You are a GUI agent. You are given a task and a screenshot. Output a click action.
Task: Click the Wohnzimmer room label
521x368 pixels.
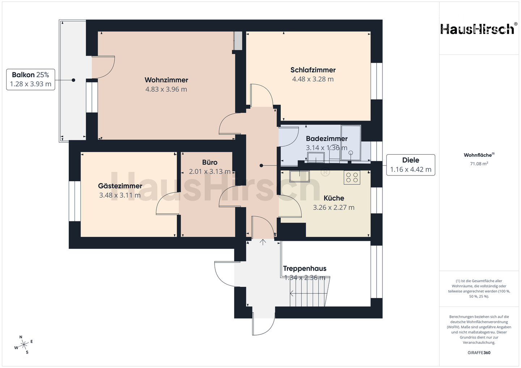(166, 80)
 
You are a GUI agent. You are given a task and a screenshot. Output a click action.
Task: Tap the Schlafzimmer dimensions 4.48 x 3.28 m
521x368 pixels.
(313, 79)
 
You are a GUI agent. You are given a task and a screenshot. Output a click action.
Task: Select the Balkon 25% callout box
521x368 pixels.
(30, 79)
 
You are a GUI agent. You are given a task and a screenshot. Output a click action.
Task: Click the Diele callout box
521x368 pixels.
(411, 165)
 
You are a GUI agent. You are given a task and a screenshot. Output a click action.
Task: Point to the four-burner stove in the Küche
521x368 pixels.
(352, 178)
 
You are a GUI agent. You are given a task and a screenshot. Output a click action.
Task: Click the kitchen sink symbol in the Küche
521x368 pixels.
(300, 177)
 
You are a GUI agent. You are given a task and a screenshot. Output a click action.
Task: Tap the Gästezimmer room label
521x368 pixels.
(120, 186)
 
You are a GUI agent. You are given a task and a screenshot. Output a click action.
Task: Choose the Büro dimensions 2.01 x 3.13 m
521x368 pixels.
(209, 172)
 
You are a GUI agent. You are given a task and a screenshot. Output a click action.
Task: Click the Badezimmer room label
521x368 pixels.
(327, 139)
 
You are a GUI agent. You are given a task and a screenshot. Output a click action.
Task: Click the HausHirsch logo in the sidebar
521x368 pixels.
(479, 29)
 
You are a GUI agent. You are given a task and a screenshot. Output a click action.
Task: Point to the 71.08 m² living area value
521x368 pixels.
(479, 164)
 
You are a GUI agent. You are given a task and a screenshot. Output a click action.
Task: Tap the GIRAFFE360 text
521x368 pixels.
(479, 353)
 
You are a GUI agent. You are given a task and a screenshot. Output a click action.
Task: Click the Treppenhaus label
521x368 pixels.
(305, 268)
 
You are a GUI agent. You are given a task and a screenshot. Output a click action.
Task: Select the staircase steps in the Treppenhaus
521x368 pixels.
(310, 291)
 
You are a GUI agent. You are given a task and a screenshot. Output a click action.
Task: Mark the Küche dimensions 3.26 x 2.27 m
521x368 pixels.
(334, 207)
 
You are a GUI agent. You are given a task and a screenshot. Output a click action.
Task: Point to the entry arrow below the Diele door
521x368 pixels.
(263, 242)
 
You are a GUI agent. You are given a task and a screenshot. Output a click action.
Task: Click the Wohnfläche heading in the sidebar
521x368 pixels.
(479, 155)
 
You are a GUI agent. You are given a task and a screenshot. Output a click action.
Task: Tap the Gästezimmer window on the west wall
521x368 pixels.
(75, 201)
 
